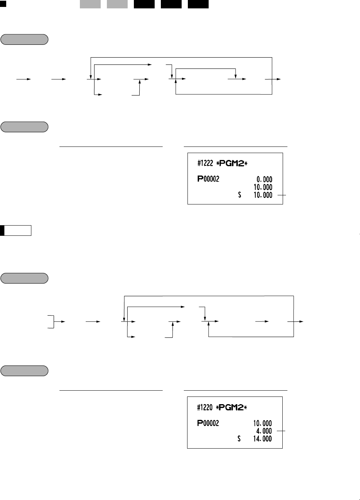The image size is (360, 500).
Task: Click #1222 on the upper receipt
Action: tap(205, 164)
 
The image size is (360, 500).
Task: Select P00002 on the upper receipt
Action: tap(208, 179)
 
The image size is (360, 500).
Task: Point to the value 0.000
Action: tap(264, 179)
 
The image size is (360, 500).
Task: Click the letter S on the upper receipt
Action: tap(240, 195)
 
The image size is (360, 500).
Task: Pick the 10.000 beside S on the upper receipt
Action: tap(263, 195)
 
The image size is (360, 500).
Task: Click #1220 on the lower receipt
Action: tap(205, 407)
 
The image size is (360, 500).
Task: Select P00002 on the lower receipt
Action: tap(208, 423)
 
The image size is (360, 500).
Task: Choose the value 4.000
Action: tap(264, 431)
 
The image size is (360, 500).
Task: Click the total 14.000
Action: tap(263, 439)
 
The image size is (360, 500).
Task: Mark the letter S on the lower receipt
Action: tap(239, 439)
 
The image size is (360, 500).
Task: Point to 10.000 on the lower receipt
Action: tap(263, 423)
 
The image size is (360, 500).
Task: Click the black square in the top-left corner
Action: tap(3, 4)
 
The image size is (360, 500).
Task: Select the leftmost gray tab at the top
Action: tap(90, 4)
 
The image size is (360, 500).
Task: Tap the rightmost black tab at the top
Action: tap(198, 4)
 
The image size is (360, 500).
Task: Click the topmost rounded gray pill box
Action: tap(24, 39)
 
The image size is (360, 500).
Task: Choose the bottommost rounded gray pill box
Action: tap(24, 371)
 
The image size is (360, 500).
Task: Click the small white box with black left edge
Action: tap(16, 231)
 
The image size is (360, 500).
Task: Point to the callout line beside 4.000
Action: tap(281, 431)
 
